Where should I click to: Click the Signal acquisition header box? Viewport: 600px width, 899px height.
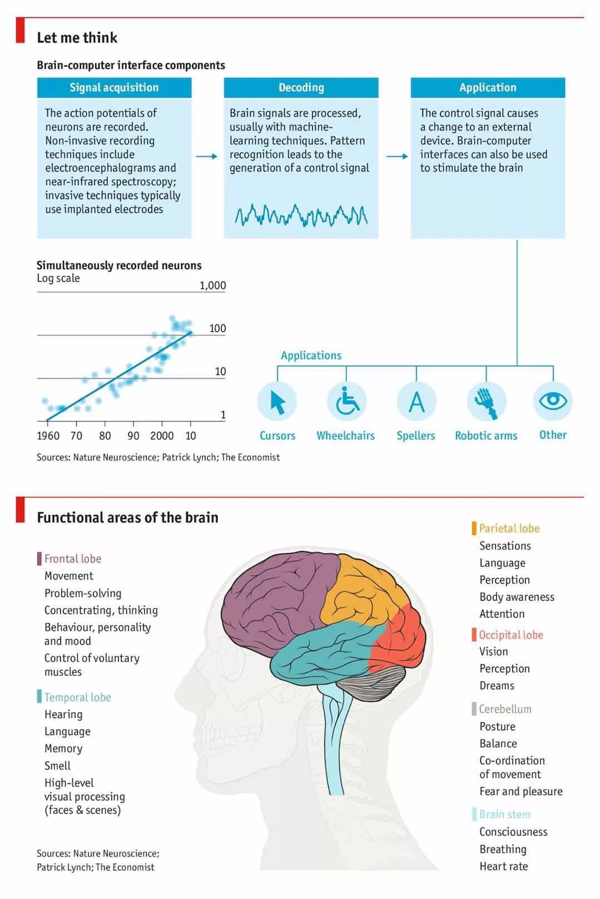click(114, 87)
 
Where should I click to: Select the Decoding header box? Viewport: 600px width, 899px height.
click(301, 87)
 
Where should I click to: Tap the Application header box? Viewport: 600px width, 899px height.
click(488, 87)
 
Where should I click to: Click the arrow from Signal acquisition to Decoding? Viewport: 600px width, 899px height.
click(207, 156)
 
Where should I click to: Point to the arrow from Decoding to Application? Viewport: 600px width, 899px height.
click(397, 156)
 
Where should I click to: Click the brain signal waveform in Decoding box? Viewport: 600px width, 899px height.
click(301, 215)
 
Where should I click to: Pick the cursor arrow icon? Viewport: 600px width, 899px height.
click(277, 401)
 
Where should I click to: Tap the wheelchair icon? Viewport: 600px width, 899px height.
click(346, 401)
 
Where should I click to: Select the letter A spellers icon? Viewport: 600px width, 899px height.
click(416, 401)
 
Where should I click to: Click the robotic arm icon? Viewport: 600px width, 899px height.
click(486, 401)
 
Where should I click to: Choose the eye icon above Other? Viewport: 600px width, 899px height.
click(553, 401)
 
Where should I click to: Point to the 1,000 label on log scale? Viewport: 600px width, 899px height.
click(213, 285)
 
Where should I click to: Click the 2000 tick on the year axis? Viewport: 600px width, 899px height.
click(162, 435)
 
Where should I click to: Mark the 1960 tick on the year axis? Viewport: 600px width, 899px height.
click(48, 435)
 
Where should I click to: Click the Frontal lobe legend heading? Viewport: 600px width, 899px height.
click(72, 559)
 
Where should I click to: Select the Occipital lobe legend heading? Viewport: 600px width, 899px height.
click(510, 635)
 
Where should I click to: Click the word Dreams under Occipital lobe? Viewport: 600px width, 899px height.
click(497, 686)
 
